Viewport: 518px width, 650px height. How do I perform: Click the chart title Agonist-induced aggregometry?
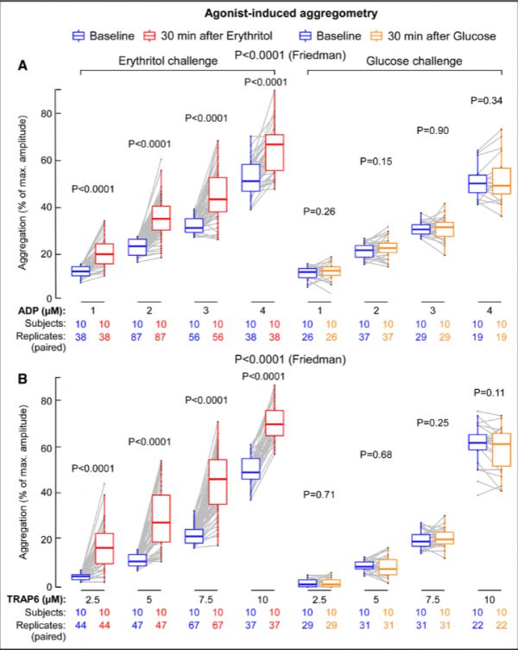point(258,15)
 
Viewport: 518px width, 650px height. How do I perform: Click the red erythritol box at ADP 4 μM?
point(275,152)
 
